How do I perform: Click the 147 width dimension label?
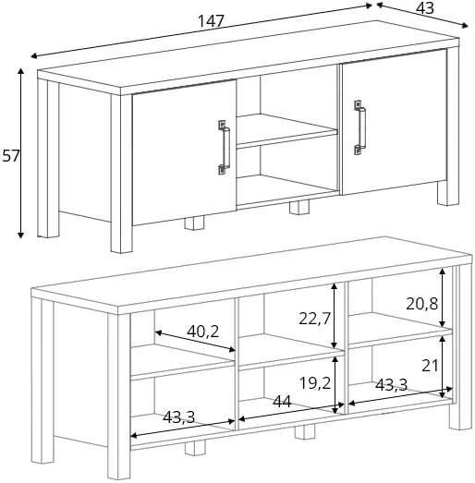[x=211, y=21]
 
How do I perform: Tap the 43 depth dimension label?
[x=425, y=8]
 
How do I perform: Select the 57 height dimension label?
[x=11, y=155]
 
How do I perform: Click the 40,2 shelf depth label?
[x=202, y=332]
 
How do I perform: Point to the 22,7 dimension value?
[x=314, y=319]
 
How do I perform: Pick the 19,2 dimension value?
[x=315, y=383]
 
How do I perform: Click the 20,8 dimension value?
[x=421, y=304]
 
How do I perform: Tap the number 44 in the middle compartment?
[x=282, y=402]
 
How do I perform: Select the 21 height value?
[x=430, y=366]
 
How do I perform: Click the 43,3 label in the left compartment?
[x=178, y=417]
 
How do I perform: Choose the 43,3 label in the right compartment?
[x=391, y=385]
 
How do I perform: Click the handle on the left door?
[x=224, y=147]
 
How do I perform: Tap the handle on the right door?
[x=359, y=127]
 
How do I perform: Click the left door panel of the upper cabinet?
[x=184, y=152]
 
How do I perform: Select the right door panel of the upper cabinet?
[x=395, y=122]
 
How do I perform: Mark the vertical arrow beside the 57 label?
[x=20, y=153]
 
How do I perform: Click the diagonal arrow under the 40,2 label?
[x=195, y=341]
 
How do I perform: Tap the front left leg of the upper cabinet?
[x=121, y=174]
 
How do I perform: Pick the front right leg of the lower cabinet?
[x=460, y=346]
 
